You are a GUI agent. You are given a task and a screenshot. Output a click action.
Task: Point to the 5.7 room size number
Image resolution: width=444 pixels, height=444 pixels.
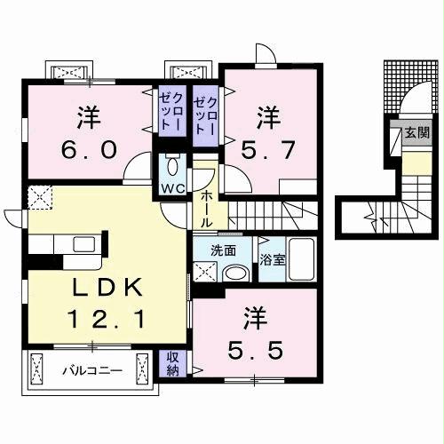[x=270, y=145]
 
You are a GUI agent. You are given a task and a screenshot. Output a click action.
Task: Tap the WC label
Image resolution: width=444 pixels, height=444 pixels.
[x=172, y=188]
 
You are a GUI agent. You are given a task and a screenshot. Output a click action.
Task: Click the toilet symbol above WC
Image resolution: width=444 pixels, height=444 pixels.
[x=173, y=166]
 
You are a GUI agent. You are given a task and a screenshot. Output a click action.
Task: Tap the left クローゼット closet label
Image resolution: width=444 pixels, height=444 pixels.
[x=171, y=112]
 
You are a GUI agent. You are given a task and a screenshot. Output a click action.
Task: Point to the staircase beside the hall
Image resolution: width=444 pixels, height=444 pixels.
[x=275, y=213]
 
